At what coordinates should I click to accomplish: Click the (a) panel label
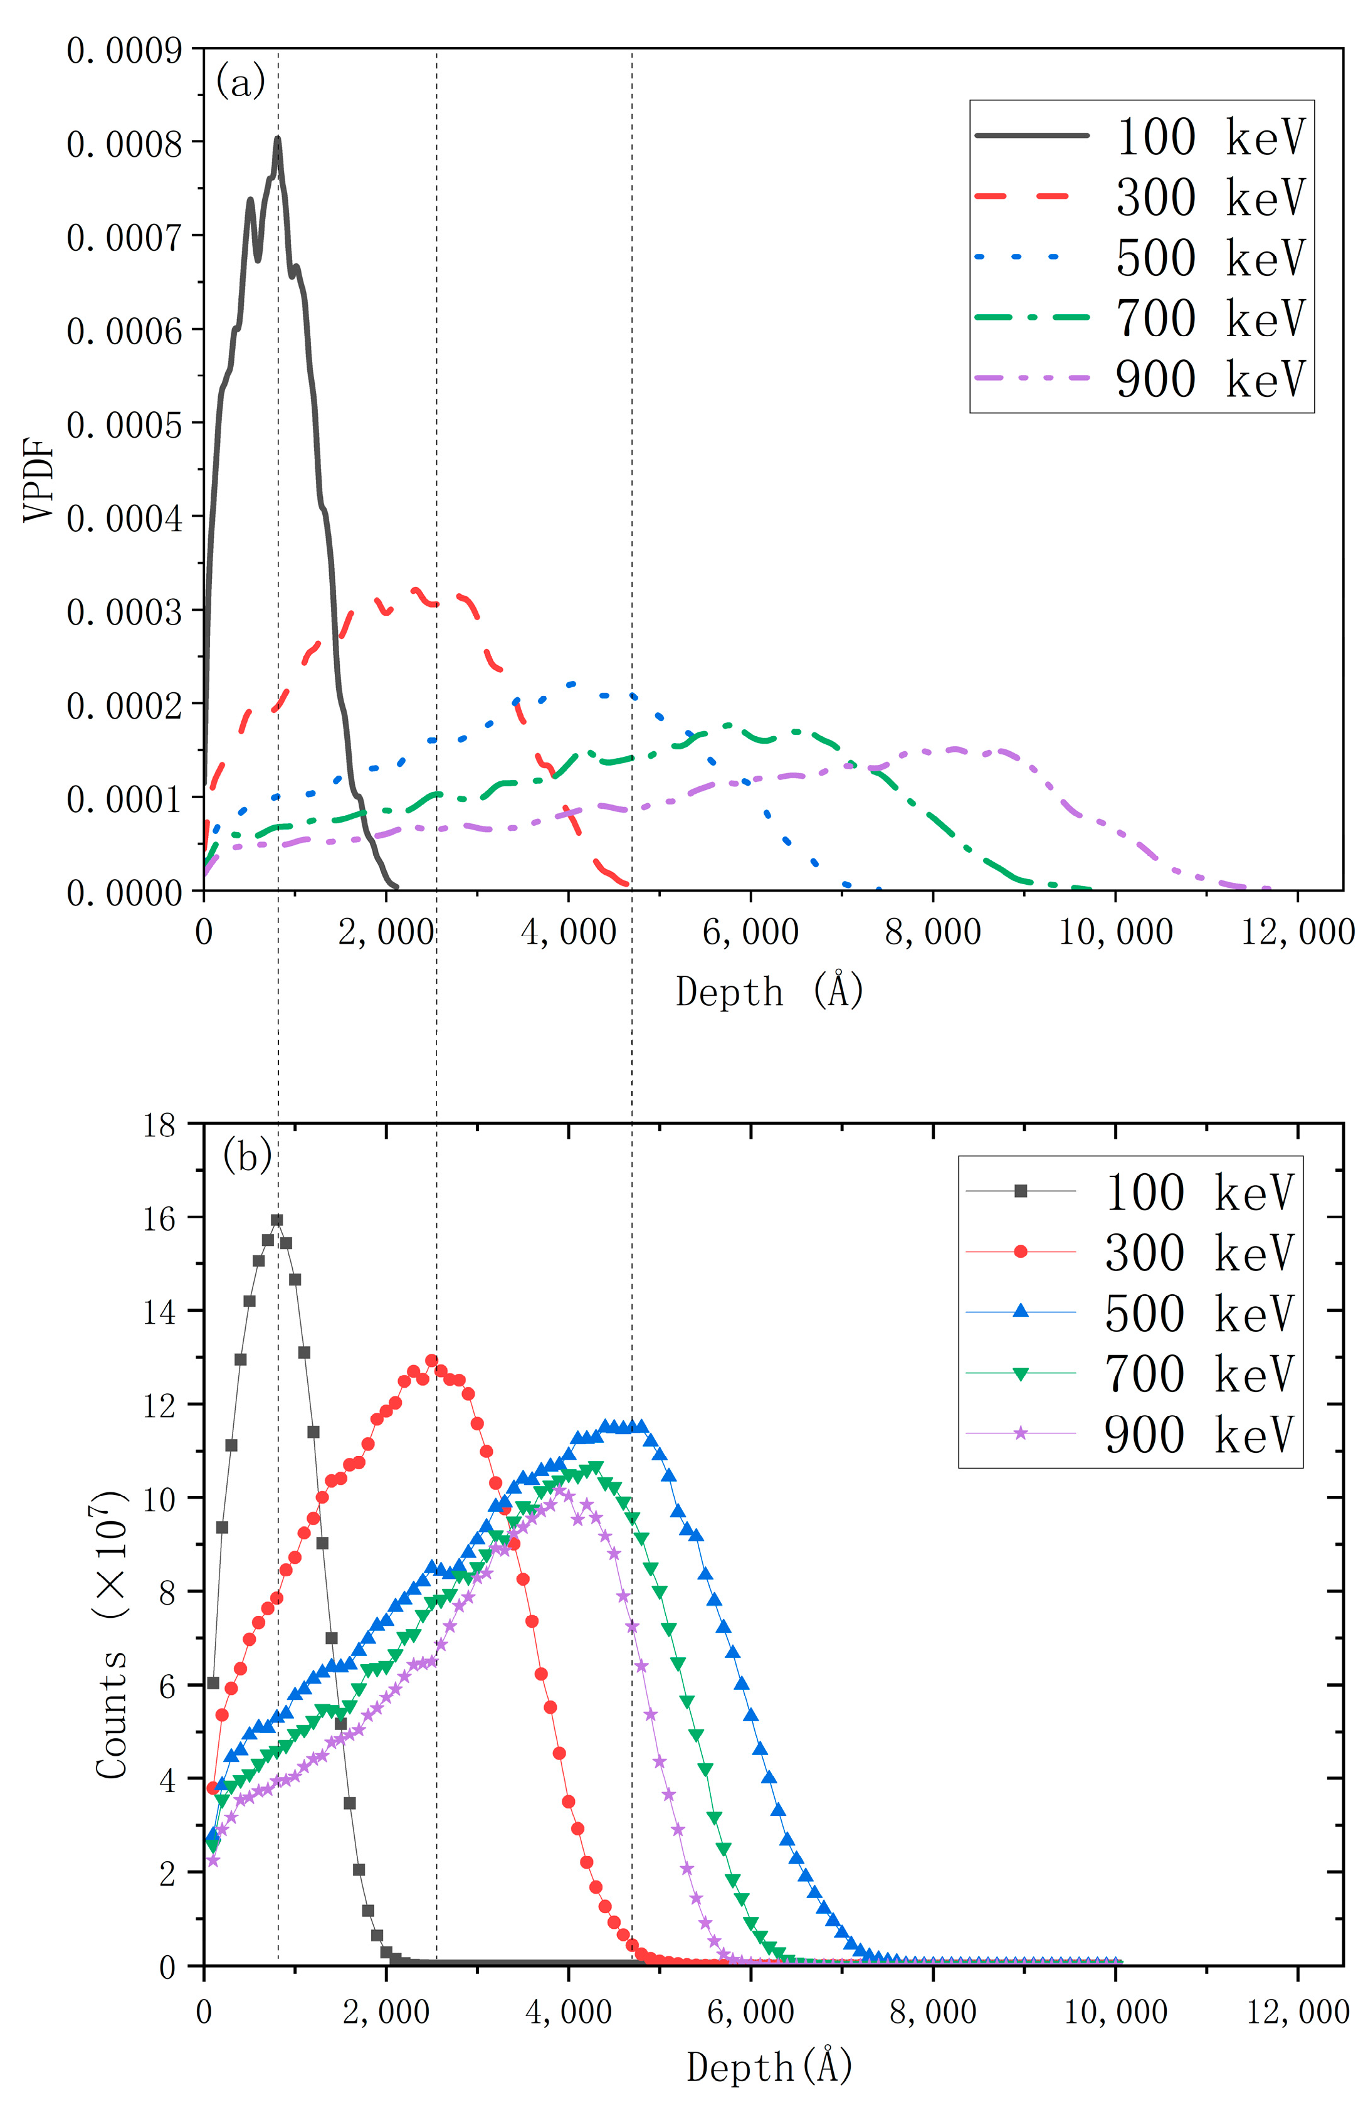tap(239, 82)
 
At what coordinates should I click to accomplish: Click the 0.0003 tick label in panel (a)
tap(124, 611)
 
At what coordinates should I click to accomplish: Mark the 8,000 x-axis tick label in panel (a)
tap(933, 932)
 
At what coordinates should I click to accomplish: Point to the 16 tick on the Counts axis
tap(160, 1217)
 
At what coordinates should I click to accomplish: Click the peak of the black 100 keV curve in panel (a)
tap(278, 139)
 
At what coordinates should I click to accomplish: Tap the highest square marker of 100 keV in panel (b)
tap(276, 1220)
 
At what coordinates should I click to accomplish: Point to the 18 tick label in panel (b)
tap(160, 1125)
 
